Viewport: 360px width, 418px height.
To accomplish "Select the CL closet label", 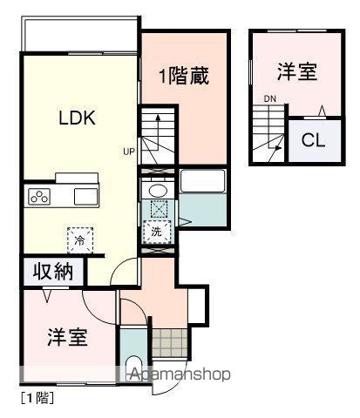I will pyautogui.click(x=314, y=140).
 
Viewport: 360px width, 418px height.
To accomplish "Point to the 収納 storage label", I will pyautogui.click(x=53, y=272).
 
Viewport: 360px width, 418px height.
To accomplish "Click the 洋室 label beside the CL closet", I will pyautogui.click(x=298, y=71).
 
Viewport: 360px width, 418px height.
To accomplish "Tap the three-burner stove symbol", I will pyautogui.click(x=39, y=196).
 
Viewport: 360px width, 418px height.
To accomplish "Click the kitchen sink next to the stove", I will pyautogui.click(x=86, y=195).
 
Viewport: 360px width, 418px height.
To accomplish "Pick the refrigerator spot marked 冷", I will pyautogui.click(x=80, y=238).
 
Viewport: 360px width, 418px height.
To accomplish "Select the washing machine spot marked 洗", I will pyautogui.click(x=157, y=232).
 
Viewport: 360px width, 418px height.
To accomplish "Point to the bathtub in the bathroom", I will pyautogui.click(x=202, y=182).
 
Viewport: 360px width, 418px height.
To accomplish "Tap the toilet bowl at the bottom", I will pyautogui.click(x=132, y=369).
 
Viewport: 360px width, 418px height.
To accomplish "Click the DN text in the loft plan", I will pyautogui.click(x=270, y=98).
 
